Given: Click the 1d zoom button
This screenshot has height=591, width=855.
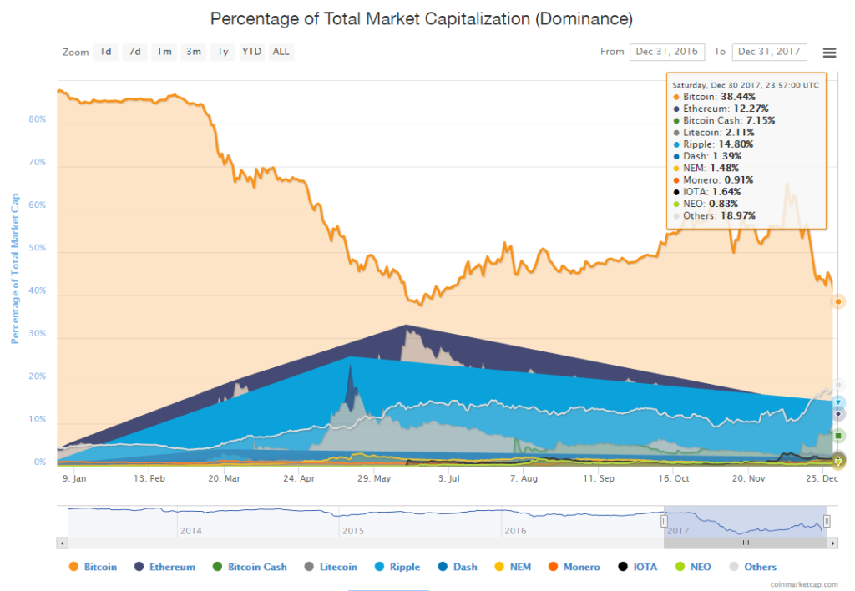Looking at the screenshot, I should tap(105, 52).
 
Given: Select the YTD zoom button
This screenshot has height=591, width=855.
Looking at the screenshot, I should tap(251, 52).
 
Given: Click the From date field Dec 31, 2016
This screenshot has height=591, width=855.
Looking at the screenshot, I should tap(667, 52).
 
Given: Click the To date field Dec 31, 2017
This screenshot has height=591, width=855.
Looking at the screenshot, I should tap(769, 52).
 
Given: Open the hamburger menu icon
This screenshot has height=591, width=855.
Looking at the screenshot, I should tap(829, 53).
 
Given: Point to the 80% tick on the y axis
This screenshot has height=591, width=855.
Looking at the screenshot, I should tap(37, 119).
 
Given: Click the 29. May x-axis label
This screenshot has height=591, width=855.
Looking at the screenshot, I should tap(374, 479).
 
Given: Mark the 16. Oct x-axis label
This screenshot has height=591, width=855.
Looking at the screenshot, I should tap(673, 479).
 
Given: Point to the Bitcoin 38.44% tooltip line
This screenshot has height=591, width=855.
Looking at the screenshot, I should tap(719, 97).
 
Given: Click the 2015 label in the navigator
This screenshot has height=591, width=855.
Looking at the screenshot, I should tap(352, 530).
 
